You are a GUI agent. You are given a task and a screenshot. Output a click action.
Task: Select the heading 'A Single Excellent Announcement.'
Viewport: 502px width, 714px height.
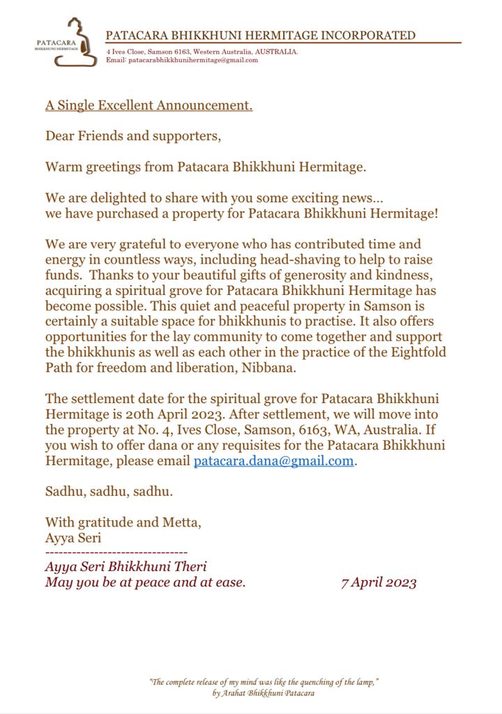(149, 106)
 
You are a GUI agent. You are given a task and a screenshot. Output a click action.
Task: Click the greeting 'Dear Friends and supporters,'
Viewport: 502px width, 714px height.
(132, 136)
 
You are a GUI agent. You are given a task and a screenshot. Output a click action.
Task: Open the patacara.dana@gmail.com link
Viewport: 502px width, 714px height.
(273, 461)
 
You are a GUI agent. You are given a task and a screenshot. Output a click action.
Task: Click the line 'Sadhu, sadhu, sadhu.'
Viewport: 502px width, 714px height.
(109, 491)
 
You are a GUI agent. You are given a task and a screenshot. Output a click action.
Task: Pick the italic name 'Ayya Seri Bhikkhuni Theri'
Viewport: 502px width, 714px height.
(125, 567)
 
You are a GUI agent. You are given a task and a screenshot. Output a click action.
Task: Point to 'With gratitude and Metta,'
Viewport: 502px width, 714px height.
(123, 522)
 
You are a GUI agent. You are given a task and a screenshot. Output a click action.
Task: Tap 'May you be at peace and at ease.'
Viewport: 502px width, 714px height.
(145, 582)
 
